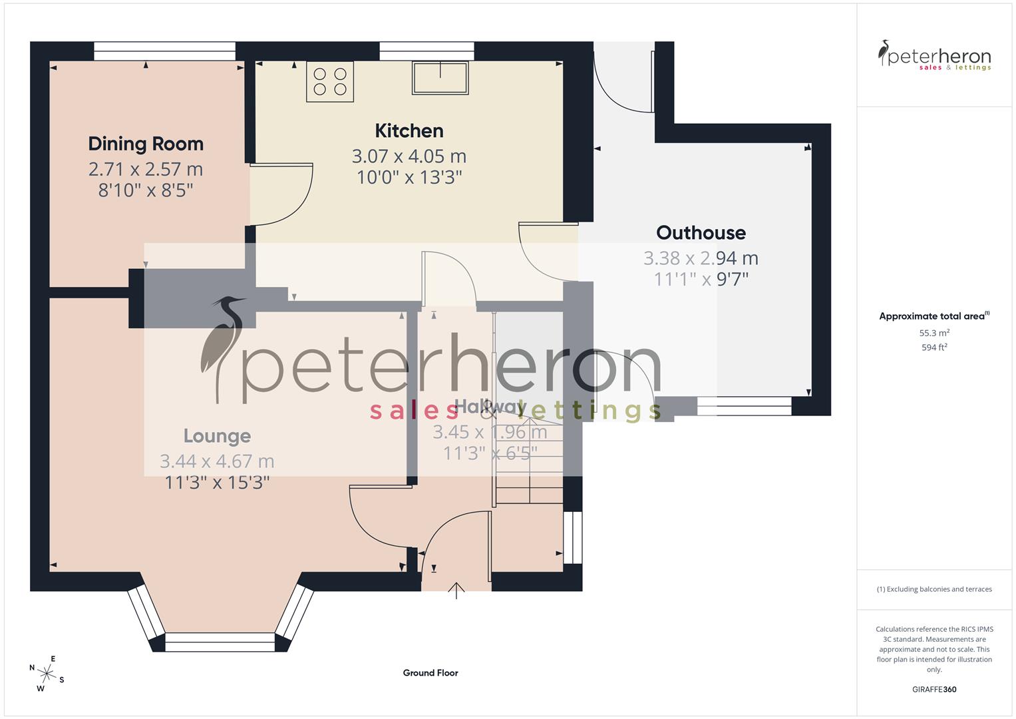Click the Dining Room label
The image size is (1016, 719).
tap(146, 144)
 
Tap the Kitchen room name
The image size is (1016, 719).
tap(409, 130)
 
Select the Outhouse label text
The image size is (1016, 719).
tap(701, 232)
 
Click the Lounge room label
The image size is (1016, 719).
tap(217, 436)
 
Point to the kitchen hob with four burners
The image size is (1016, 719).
tap(330, 81)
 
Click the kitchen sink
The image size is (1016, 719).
tap(440, 77)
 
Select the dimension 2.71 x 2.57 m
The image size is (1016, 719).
tap(146, 169)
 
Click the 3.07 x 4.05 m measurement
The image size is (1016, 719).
tap(409, 156)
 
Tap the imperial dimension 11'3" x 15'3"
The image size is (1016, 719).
tap(217, 482)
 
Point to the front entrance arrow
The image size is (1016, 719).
tap(456, 590)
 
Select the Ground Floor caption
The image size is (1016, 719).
tap(430, 673)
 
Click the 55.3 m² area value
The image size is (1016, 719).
tap(934, 333)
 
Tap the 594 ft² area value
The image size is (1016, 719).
tap(934, 348)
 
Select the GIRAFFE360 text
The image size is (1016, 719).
tap(934, 689)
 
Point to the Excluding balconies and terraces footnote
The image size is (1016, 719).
tap(934, 589)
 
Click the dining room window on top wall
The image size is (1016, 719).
tap(164, 51)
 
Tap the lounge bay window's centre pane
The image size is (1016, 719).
tap(220, 642)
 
